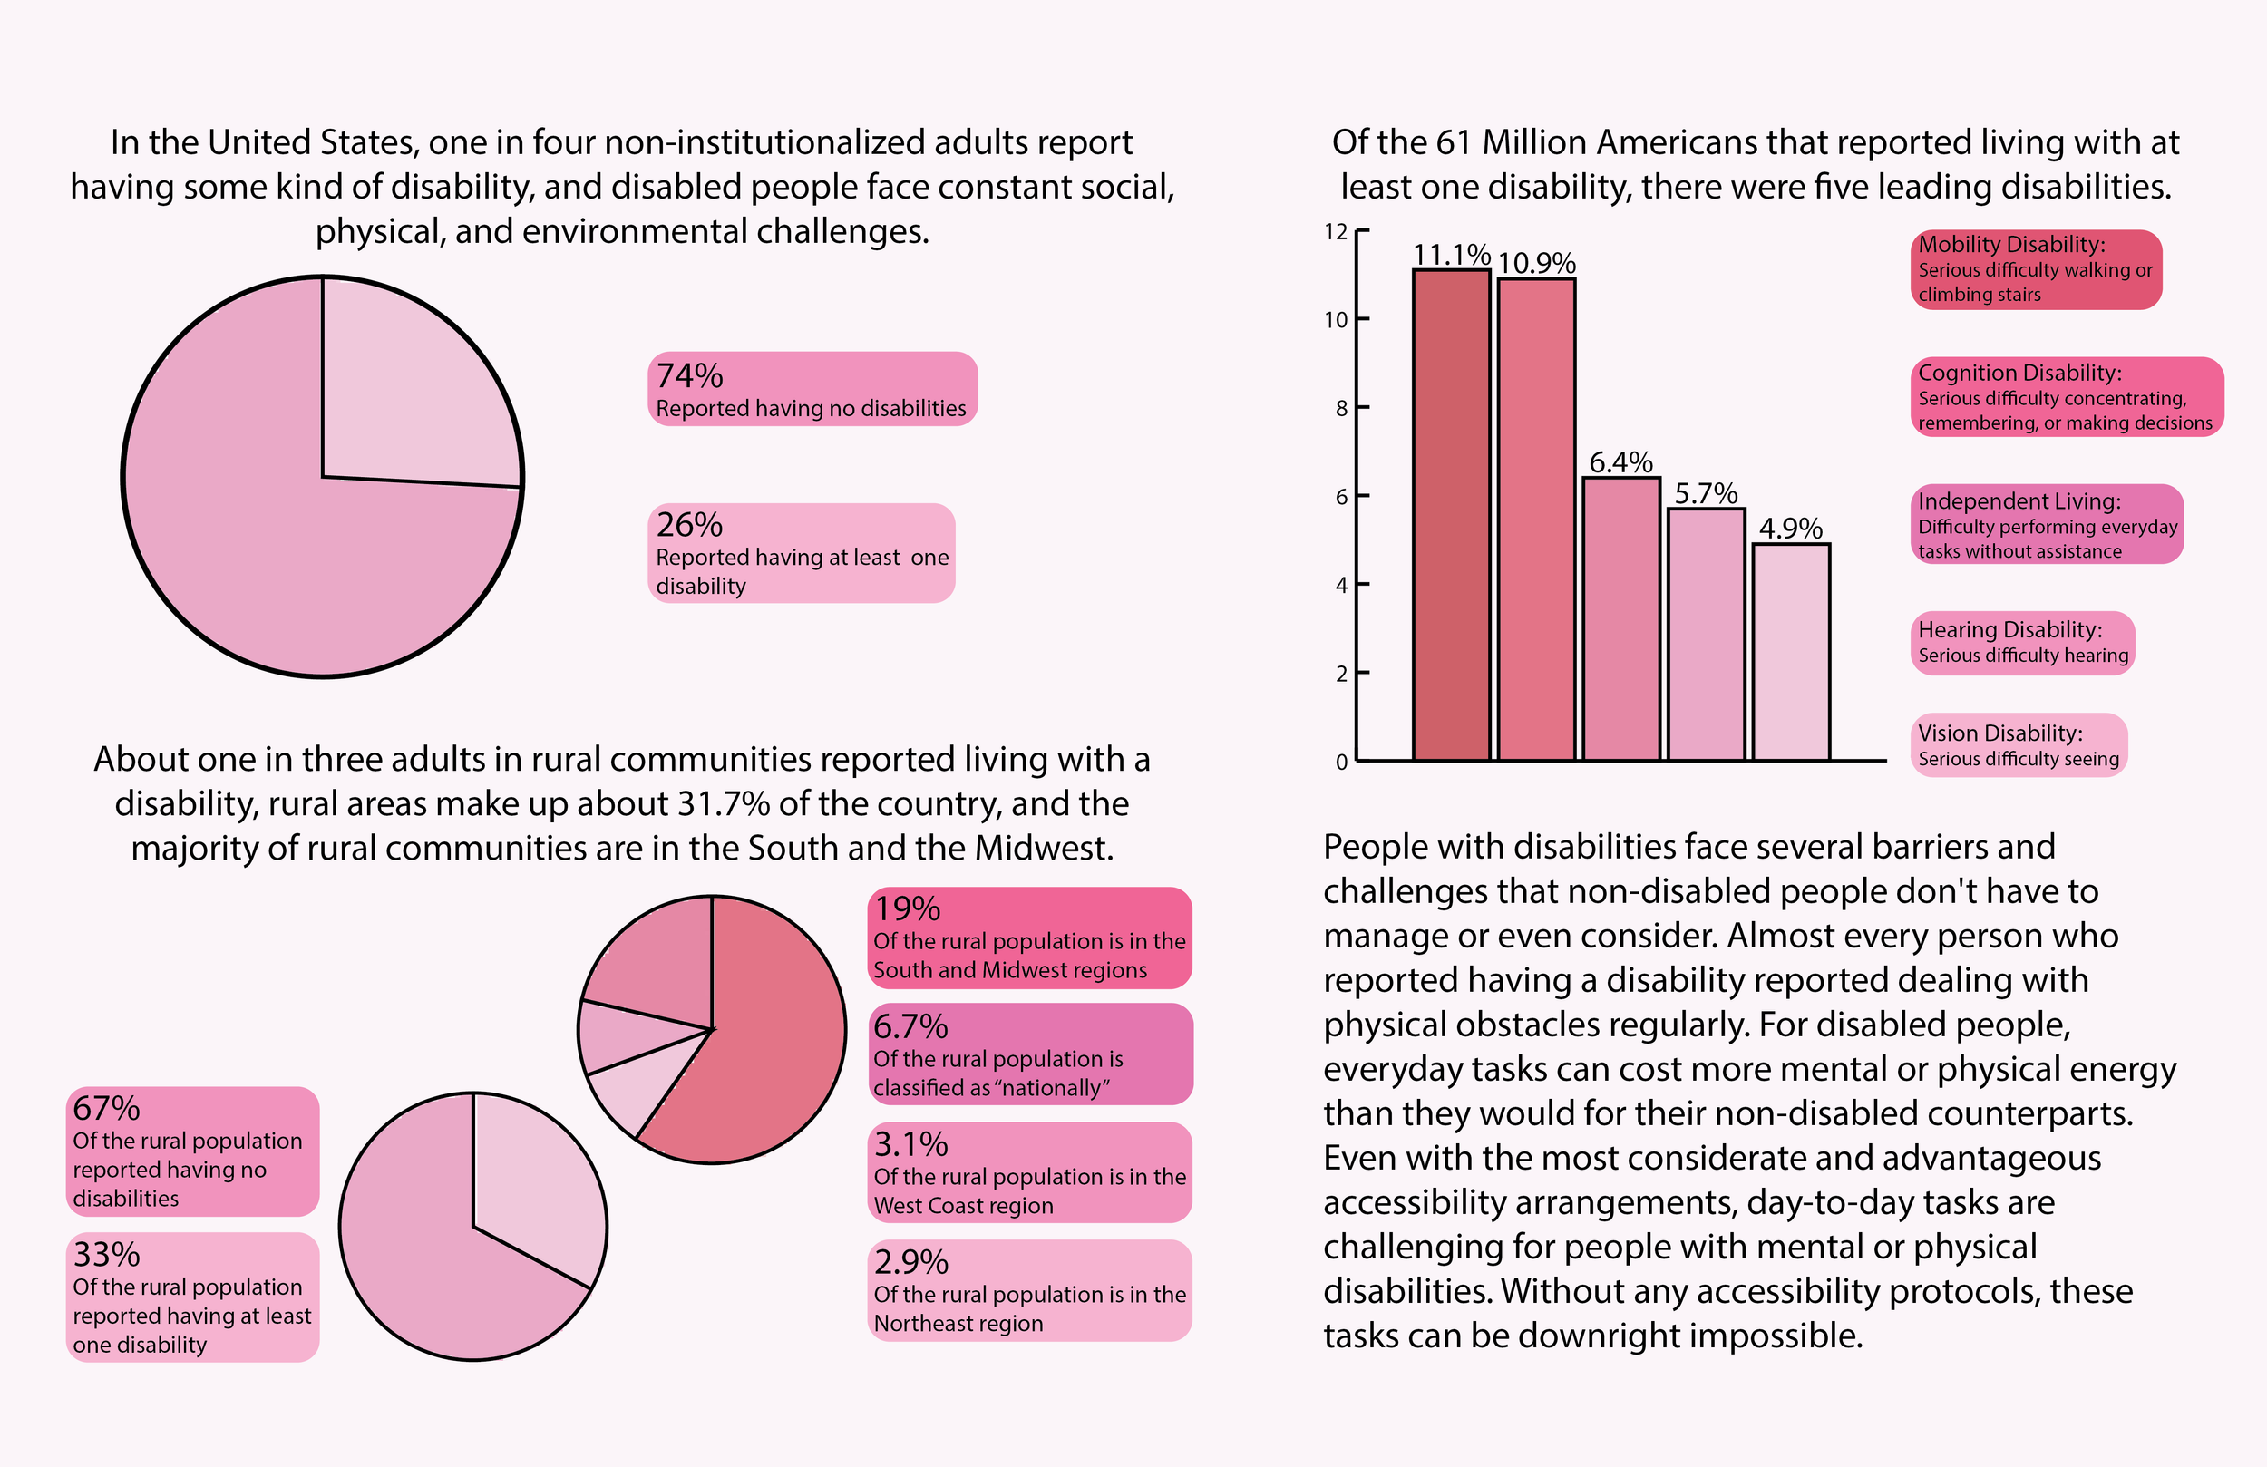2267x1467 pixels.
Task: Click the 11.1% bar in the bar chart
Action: (x=1451, y=514)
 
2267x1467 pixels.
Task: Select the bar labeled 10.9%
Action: (x=1535, y=520)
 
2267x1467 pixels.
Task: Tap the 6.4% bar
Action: (x=1621, y=619)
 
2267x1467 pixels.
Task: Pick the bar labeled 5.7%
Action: (x=1706, y=635)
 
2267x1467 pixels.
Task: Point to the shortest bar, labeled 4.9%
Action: (x=1791, y=653)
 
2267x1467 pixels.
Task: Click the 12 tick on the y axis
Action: (x=1337, y=231)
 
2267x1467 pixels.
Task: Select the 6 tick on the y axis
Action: (x=1341, y=496)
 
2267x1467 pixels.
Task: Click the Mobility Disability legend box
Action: (x=2036, y=269)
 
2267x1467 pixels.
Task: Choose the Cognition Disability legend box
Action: (x=2065, y=397)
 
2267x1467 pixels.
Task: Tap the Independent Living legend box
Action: (x=2046, y=525)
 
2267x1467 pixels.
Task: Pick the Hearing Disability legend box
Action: (x=2021, y=643)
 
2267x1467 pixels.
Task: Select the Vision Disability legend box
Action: (x=2018, y=746)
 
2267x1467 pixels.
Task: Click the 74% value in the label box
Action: (x=690, y=376)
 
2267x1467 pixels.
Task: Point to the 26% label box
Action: (x=800, y=553)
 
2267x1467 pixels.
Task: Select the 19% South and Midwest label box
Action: (x=1028, y=938)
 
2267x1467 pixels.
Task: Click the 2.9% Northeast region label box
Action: (x=1028, y=1291)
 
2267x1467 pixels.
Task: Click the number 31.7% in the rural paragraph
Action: (x=723, y=804)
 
